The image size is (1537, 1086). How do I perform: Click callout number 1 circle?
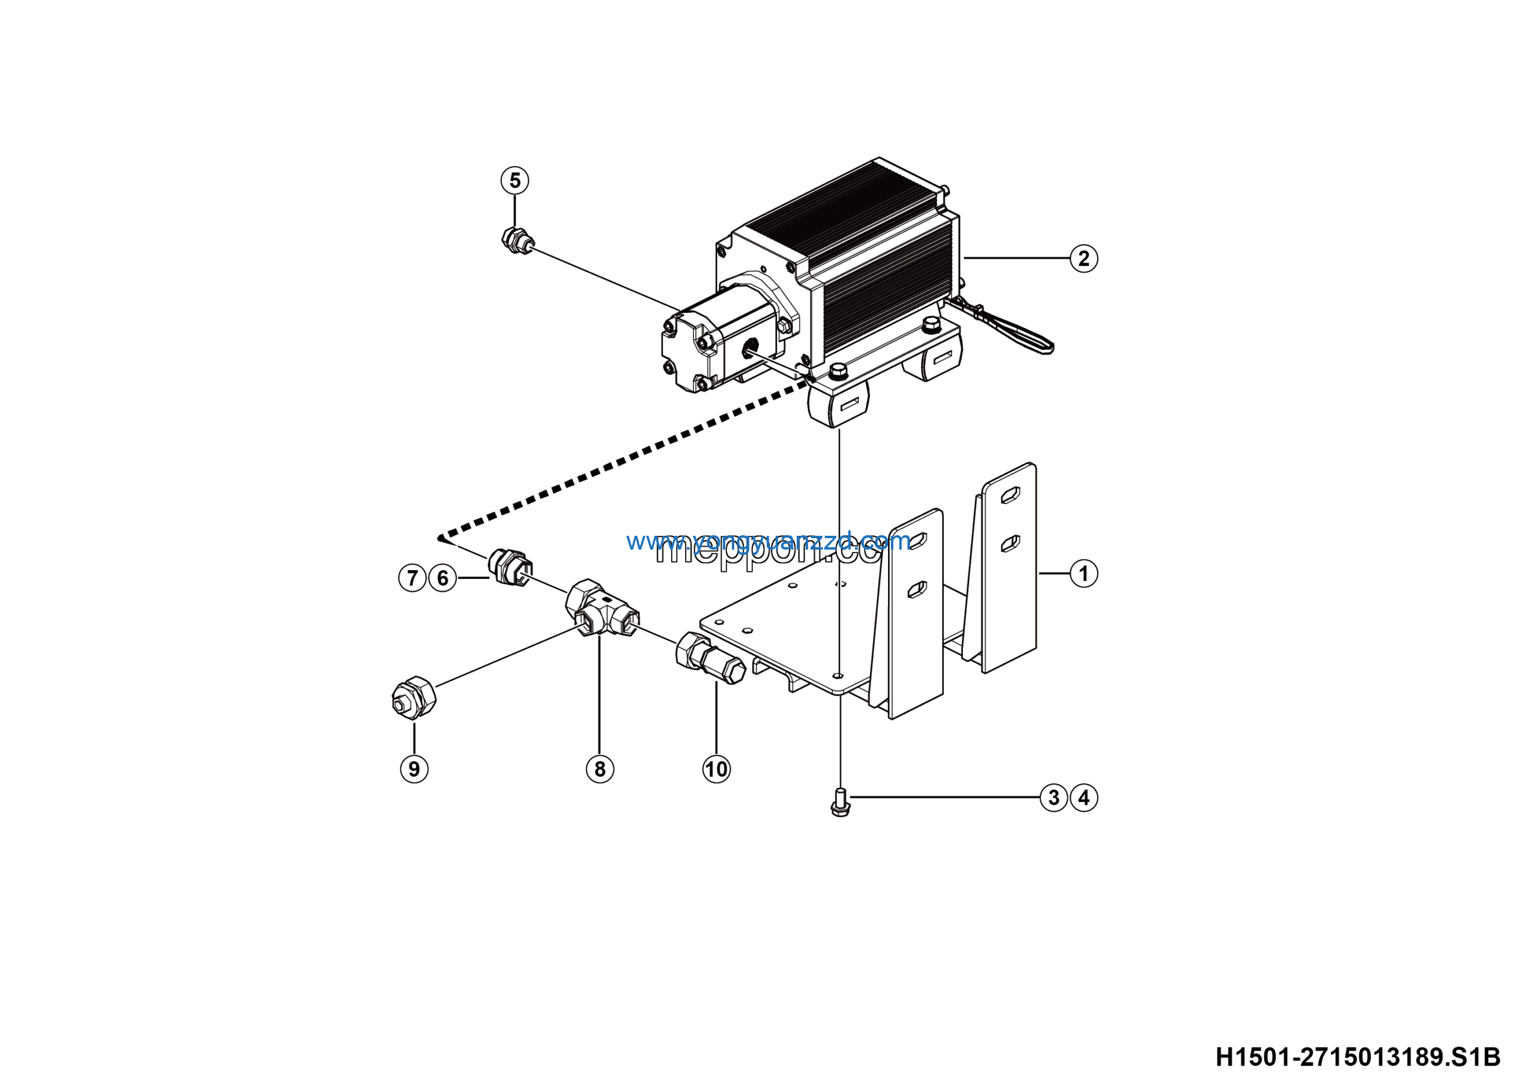[x=1083, y=574]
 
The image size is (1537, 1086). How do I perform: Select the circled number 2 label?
[x=1083, y=258]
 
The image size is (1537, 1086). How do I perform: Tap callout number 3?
[x=1053, y=798]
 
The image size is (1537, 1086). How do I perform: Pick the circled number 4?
[x=1084, y=798]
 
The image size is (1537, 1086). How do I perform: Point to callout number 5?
[x=515, y=180]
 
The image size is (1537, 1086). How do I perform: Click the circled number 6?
[x=442, y=578]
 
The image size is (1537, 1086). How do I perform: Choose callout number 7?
[x=412, y=578]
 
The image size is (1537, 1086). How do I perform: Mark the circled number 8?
[x=600, y=769]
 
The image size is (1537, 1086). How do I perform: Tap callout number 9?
[x=414, y=769]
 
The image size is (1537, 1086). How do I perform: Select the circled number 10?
[x=716, y=769]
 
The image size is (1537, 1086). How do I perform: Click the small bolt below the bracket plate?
[x=839, y=802]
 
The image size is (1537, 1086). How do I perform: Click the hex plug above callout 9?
[x=414, y=697]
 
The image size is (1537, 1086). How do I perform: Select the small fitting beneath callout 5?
[x=516, y=240]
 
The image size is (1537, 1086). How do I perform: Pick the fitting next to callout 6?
[x=511, y=566]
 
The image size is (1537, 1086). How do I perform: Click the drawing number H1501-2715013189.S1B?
[x=1357, y=1057]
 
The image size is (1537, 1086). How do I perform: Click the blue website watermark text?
[x=768, y=541]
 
